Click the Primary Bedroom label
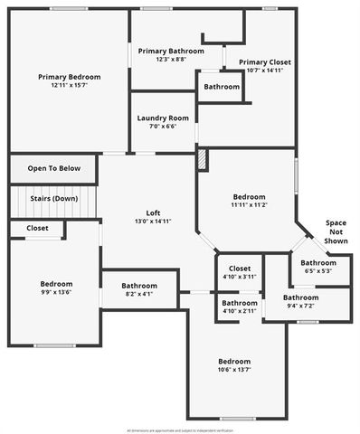point(69,77)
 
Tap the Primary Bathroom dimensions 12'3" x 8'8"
point(170,59)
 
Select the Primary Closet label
point(265,62)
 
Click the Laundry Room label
point(163,118)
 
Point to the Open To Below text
point(53,168)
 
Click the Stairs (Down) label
point(52,198)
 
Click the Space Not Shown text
point(336,232)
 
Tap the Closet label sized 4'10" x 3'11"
point(240,269)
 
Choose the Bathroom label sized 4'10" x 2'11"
point(240,303)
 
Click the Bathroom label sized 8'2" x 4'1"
point(139,286)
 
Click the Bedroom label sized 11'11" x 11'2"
point(249,197)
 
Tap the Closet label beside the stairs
point(37,228)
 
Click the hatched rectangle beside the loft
point(203,160)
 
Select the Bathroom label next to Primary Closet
point(222,87)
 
